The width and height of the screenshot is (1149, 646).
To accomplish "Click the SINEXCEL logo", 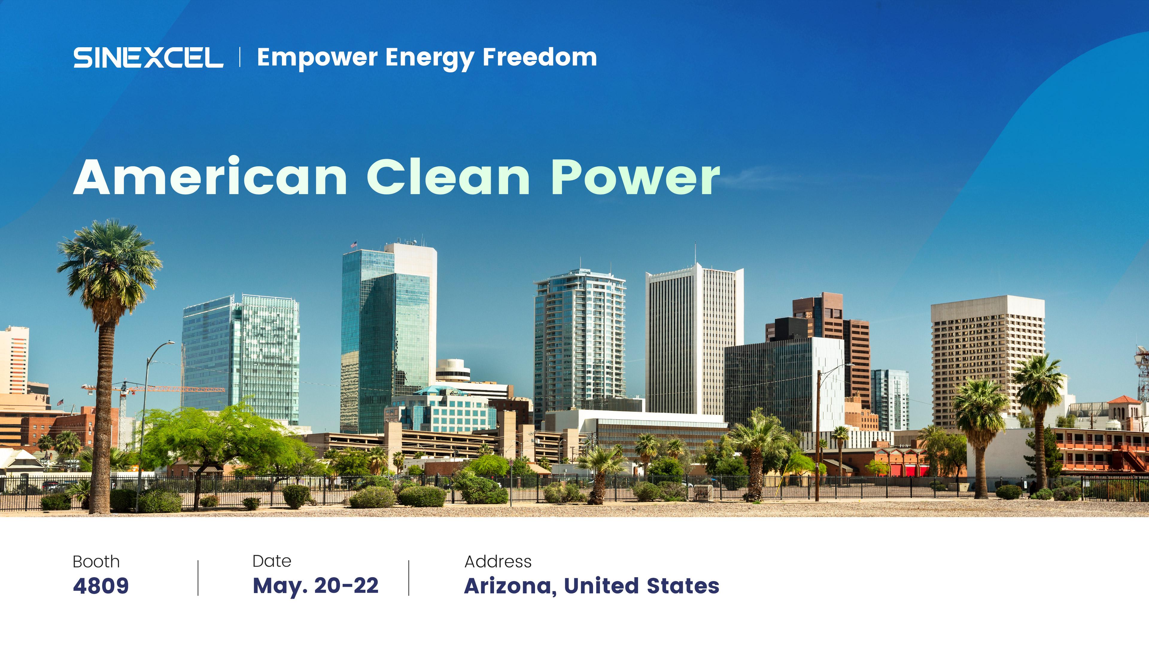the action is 148,57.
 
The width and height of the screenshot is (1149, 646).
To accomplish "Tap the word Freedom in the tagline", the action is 540,57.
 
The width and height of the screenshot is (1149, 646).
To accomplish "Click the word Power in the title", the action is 636,177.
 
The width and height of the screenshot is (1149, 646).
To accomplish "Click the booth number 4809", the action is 101,586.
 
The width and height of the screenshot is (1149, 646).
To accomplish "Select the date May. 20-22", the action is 316,586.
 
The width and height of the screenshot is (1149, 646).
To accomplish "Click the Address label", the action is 498,562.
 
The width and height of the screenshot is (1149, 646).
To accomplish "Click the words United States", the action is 642,586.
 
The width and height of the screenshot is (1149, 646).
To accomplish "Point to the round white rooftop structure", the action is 453,370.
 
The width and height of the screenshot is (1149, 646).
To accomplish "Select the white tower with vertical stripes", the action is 694,339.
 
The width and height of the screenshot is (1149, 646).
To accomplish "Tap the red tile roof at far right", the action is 1124,400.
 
